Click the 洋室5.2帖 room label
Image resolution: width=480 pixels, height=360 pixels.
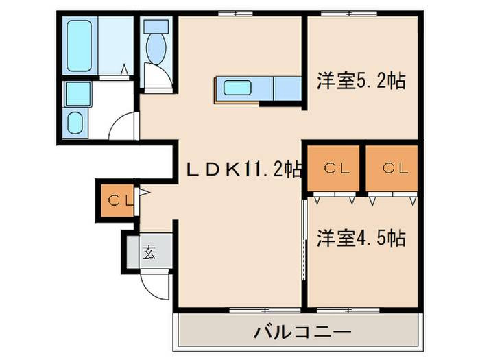(x=361, y=81)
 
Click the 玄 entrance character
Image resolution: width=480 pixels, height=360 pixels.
(x=149, y=252)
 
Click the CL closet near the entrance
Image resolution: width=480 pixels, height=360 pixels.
(x=117, y=200)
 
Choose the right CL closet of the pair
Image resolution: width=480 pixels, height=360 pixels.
(x=392, y=169)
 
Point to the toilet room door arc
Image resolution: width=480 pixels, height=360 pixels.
(x=156, y=77)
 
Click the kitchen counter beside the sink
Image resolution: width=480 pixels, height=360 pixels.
(x=285, y=88)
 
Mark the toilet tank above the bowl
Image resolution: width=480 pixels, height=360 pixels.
(x=156, y=27)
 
